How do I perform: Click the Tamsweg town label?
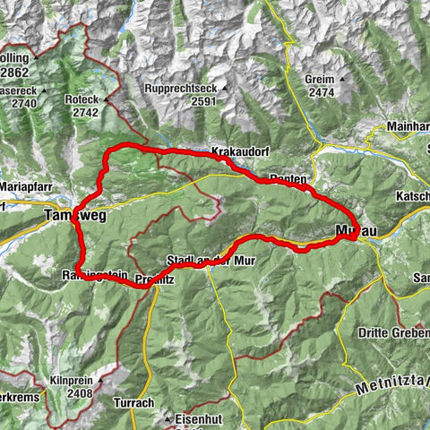[68, 216]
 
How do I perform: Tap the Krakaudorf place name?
[237, 151]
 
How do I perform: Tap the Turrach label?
[134, 404]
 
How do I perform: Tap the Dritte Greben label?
[387, 332]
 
